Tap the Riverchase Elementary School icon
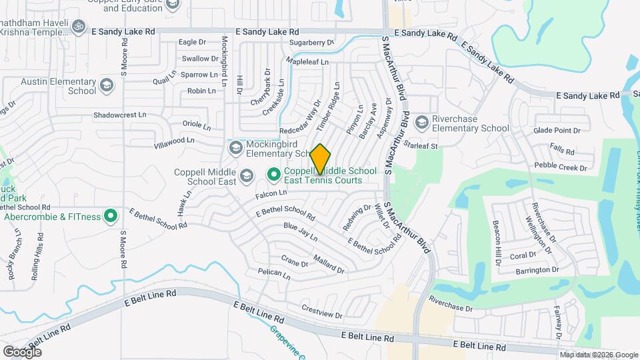tap(421, 123)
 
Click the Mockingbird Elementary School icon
tap(235, 147)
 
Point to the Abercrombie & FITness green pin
tap(111, 216)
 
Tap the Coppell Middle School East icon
tap(246, 175)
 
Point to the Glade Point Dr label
tap(557, 131)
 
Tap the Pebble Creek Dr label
tap(559, 167)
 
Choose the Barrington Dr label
tap(537, 270)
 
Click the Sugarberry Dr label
tap(311, 43)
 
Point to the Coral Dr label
tap(523, 255)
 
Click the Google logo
tap(22, 351)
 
